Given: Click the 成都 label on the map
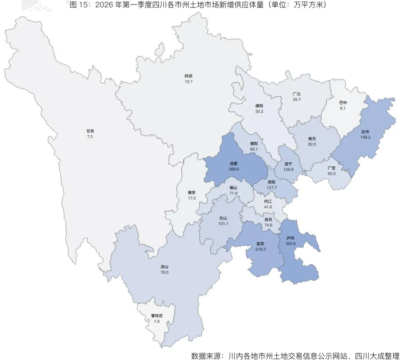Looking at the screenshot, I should coord(233,163).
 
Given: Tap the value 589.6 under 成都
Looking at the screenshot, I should coord(233,169).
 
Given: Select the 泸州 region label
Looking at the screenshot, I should coord(290,238).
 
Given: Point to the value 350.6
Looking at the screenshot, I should coord(290,243).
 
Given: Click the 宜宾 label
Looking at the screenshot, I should coord(260,244).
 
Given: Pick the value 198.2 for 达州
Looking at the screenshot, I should coord(366,137).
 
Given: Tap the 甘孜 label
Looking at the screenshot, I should coord(90,131).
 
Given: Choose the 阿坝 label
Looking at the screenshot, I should coord(189,76).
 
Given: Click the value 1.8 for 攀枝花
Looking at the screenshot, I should coord(157,321).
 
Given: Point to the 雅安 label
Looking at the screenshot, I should coord(192,192).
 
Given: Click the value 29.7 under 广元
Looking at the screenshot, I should coord(296,100).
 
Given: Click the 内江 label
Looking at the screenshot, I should coord(268,201).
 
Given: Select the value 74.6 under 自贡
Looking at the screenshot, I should coord(268,225).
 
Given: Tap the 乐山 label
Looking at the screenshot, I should coord(223,218).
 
